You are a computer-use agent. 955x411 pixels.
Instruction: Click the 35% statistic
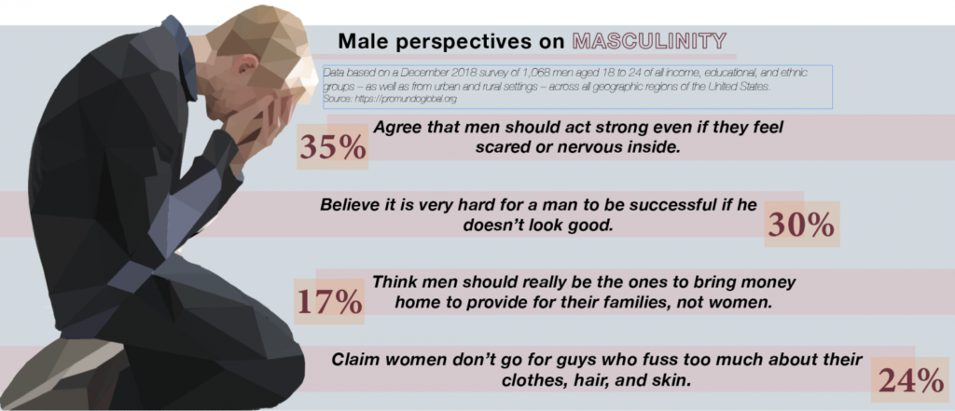[x=333, y=147]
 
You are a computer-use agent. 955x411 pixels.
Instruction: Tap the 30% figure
[x=801, y=226]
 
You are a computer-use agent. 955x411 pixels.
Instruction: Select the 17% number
[x=329, y=301]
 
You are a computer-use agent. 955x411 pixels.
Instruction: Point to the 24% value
[x=910, y=380]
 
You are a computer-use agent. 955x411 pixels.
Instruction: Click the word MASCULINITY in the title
[x=649, y=41]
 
